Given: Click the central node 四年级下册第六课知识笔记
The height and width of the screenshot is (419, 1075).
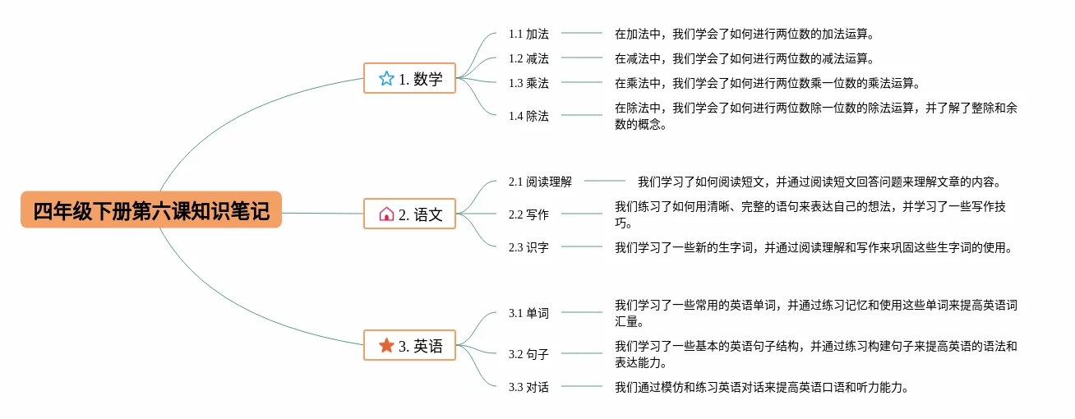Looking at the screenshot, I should (151, 210).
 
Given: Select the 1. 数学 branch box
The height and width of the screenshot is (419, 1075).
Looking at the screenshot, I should (409, 79).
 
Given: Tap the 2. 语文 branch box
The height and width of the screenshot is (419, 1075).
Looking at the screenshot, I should (409, 214).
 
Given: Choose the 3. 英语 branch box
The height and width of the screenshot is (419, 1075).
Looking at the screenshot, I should (409, 346).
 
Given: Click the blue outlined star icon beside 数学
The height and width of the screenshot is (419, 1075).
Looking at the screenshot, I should (386, 79).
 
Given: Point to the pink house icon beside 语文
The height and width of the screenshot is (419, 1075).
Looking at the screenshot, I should (386, 214).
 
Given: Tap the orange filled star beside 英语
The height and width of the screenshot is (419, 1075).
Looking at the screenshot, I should (386, 346).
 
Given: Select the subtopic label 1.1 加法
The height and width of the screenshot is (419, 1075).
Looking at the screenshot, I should (528, 34).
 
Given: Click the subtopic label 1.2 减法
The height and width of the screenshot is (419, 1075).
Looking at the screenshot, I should (528, 58).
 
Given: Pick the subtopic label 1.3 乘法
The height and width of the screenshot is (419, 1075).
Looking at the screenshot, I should (528, 83).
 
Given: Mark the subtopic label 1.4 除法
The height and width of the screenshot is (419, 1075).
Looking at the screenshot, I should (528, 116).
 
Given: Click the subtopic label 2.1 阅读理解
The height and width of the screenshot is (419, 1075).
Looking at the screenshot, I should (540, 182).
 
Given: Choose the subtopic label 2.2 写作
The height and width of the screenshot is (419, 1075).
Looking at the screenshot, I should (528, 214).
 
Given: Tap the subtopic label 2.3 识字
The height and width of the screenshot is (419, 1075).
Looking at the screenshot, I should (528, 247).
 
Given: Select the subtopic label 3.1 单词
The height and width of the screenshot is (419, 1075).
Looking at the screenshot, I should (528, 313).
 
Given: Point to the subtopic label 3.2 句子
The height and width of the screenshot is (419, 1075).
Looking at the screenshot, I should (528, 354).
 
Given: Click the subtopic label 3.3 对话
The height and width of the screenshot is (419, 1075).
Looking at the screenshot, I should (528, 387).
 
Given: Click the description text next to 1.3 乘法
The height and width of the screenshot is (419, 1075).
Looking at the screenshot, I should (767, 83).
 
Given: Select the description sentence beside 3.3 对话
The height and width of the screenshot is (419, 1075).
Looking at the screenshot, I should (761, 387).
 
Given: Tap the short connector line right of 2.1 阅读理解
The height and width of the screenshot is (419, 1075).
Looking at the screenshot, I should (605, 182).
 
